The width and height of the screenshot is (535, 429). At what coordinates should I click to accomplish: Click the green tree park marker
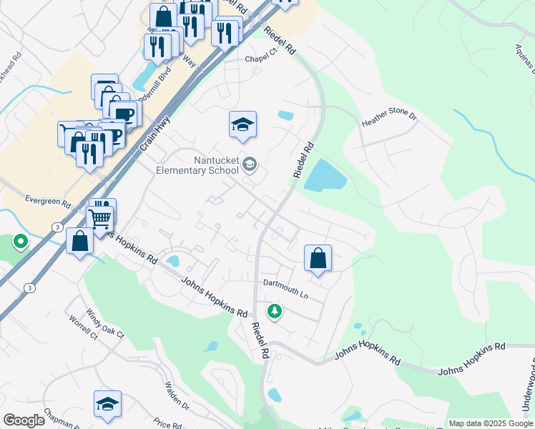pyautogui.click(x=273, y=311)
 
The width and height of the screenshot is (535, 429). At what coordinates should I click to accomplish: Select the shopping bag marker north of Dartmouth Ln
pyautogui.click(x=318, y=258)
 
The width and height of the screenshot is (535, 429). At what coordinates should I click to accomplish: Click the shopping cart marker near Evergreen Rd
pyautogui.click(x=101, y=217)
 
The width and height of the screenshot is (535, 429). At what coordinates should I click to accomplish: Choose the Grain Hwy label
pyautogui.click(x=154, y=134)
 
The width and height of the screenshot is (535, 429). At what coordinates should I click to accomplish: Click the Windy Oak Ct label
pyautogui.click(x=105, y=323)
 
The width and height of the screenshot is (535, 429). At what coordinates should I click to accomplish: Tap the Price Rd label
pyautogui.click(x=167, y=423)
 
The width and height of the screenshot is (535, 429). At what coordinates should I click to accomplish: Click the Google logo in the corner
pyautogui.click(x=24, y=420)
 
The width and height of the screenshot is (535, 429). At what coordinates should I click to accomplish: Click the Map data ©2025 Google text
pyautogui.click(x=490, y=423)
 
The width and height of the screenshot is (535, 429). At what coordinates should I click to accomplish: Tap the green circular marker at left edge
pyautogui.click(x=20, y=242)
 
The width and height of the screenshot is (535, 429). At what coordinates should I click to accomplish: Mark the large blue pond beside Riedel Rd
pyautogui.click(x=325, y=175)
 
